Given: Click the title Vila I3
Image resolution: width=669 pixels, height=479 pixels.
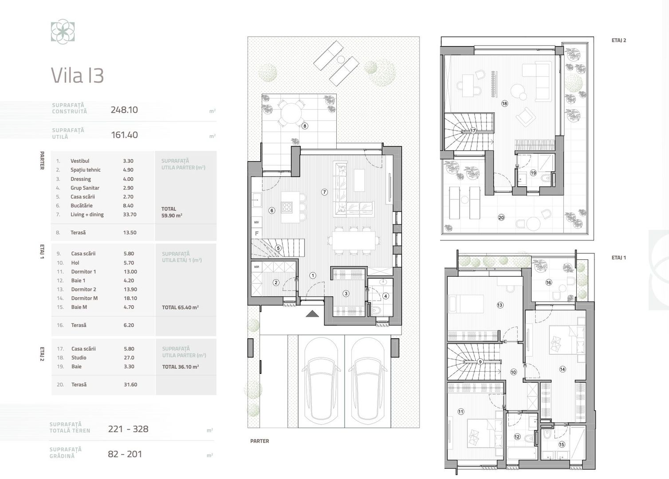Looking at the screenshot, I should point(77,75).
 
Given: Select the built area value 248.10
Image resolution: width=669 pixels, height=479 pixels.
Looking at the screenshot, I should point(124,110).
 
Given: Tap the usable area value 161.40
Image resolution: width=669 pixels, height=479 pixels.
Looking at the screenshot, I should point(124,135).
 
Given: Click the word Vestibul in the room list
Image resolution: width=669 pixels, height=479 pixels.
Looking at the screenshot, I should point(80,161).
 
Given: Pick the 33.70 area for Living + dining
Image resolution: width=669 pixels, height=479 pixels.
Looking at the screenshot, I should point(130,215).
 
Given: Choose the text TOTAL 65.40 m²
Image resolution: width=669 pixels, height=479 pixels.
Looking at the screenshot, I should point(180,307).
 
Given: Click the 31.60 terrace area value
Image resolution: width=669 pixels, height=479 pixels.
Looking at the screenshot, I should point(130,385).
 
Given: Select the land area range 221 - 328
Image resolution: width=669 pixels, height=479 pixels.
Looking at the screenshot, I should point(128,429).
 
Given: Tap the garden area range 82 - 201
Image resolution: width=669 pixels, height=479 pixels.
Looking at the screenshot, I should point(125,454).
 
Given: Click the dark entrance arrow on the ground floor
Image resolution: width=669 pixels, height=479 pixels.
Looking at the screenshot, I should point(312,314).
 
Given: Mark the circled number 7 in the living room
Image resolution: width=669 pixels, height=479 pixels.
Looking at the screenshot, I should point(325,192).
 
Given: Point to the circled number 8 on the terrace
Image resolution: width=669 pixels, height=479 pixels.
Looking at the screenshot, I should point(305,126).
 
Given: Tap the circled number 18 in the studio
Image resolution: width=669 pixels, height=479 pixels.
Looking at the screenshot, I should point(504,103).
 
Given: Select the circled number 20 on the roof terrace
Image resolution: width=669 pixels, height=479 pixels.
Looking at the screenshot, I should point(501,217).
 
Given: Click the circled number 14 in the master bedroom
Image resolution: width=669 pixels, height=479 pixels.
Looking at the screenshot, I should point(563,369).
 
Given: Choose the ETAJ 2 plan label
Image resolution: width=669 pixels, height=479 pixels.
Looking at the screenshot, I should point(618,40).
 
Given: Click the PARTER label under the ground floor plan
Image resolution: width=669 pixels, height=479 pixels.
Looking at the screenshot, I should point(260,441).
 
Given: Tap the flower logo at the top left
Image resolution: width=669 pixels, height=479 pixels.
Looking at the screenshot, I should point(63,32).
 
